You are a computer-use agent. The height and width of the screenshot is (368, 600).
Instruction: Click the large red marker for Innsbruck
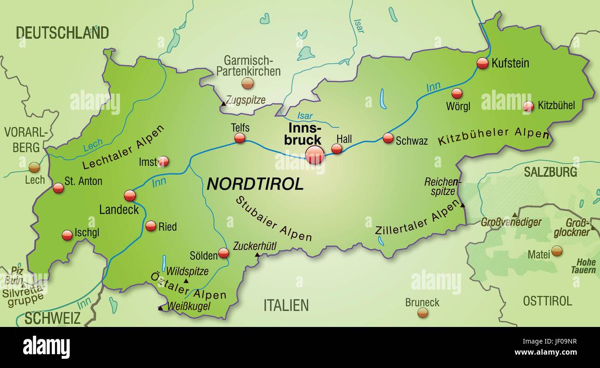pos(315,154)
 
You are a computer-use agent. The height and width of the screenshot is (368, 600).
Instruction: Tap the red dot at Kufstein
pos(482,63)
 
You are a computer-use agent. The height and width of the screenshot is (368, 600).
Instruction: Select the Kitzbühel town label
pos(556,106)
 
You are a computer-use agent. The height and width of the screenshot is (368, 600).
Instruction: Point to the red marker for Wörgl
pos(456,94)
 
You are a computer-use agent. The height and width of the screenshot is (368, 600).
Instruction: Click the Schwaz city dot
pos(388,138)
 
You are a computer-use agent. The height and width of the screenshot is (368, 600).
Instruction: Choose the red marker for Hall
pos(337,148)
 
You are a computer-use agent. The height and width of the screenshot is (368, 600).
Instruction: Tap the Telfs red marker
pos(240,138)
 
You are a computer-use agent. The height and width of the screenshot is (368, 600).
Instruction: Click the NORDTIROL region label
pos(255,184)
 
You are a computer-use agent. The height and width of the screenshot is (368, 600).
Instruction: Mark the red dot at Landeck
pos(130,196)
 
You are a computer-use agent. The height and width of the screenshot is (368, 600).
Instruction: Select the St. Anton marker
pos(58,188)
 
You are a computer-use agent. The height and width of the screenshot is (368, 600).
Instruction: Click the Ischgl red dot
pos(67,235)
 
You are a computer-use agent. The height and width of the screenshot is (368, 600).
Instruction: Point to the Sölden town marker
pos(223,253)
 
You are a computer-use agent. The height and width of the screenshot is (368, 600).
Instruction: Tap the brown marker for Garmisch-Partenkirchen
pos(248,83)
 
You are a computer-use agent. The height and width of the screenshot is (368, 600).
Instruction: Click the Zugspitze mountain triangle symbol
pos(223,104)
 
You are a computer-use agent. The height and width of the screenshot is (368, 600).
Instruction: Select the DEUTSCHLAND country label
pos(62,33)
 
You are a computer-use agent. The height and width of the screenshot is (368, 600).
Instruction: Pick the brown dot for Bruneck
pos(422,313)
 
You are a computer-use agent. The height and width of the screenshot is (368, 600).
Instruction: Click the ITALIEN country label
pos(286,305)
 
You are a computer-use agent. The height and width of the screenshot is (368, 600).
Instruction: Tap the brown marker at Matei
pos(557,251)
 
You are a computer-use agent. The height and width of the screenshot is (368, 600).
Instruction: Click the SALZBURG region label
pos(550,172)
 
